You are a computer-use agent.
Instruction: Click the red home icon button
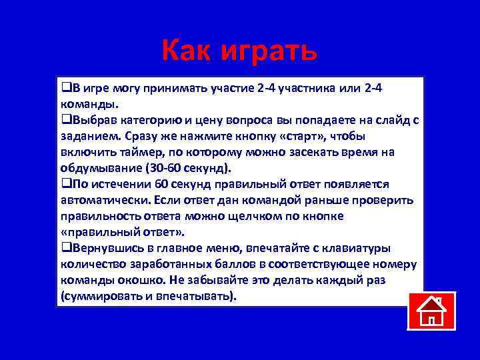tap(431, 311)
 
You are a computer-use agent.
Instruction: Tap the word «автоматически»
tap(103, 199)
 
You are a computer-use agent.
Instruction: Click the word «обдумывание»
tap(97, 167)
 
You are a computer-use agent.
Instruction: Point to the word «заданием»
tap(87, 136)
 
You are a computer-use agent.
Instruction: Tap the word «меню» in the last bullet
tap(207, 248)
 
